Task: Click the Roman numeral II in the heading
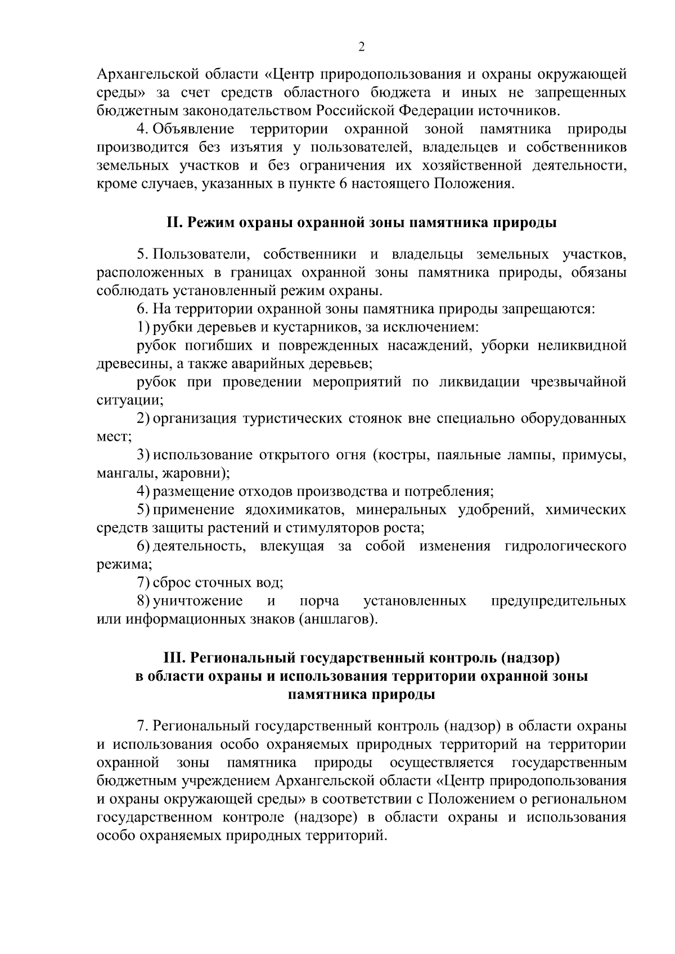[x=173, y=223]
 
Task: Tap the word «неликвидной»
[x=582, y=345]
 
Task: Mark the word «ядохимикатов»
[x=286, y=510]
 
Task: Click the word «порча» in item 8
[x=319, y=601]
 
